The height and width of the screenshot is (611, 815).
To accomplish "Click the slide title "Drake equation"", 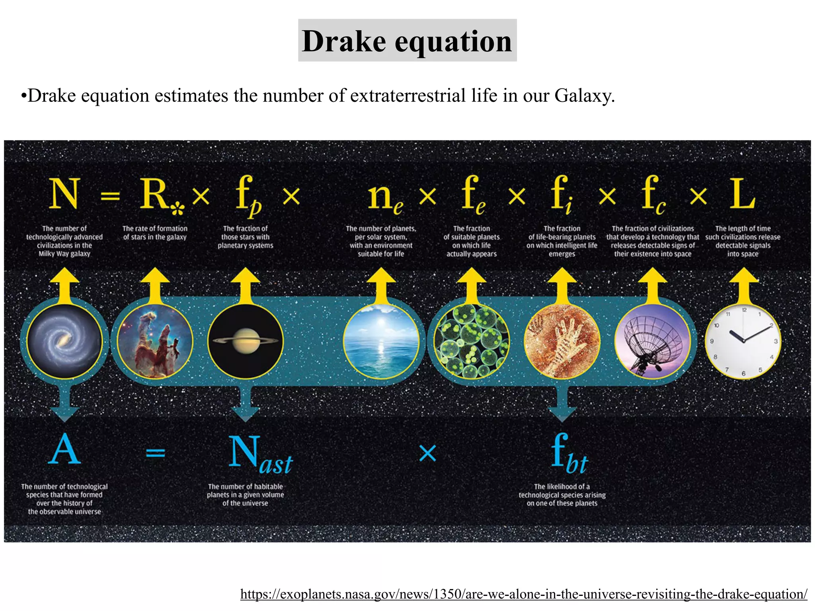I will [407, 41].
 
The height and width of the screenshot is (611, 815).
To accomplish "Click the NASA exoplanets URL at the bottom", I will [524, 594].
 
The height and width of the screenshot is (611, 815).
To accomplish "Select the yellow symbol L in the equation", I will [742, 194].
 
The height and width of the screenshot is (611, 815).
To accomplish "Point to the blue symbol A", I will [64, 449].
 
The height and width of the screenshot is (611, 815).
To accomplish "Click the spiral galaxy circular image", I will [64, 341].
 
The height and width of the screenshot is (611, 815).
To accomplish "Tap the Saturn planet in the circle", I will [245, 341].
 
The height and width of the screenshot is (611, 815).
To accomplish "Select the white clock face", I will [743, 341].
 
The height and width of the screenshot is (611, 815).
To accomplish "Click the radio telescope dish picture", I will [652, 341].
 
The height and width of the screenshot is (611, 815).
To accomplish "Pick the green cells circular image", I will [472, 341].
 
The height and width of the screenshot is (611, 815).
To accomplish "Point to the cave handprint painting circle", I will [562, 341].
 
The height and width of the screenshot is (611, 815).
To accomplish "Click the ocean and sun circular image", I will [381, 341].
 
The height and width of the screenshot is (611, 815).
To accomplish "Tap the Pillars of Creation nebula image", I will [155, 341].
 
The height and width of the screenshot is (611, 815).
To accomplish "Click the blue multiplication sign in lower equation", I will [428, 453].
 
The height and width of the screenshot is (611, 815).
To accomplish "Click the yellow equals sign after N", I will [110, 196].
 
